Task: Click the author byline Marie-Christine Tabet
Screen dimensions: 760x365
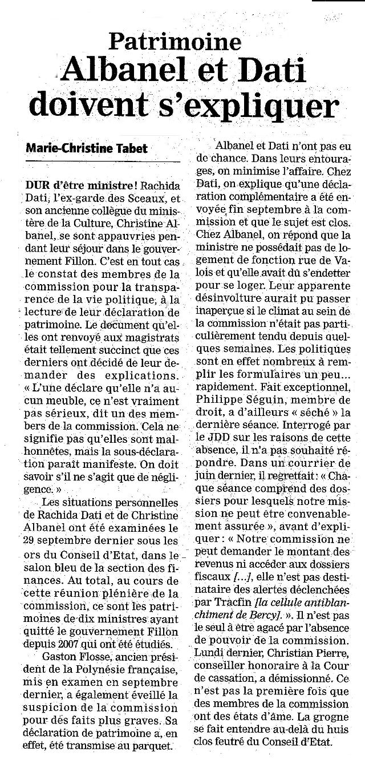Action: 87,148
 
